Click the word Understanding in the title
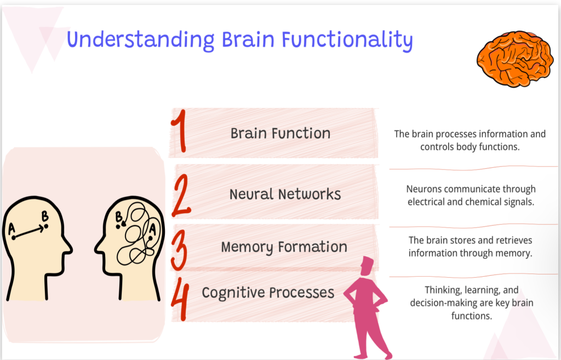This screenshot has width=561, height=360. click(141, 40)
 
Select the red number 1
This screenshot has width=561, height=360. click(180, 131)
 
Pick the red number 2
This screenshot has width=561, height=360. click(182, 196)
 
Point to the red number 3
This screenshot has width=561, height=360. click(179, 250)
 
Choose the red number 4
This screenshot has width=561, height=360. click(180, 299)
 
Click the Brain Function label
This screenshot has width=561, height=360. click(280, 134)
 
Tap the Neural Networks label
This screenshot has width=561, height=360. click(285, 195)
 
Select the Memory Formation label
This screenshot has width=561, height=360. click(284, 247)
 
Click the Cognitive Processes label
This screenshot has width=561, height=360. click(268, 293)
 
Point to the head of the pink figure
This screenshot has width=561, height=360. click(367, 266)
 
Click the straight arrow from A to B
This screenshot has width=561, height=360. click(28, 232)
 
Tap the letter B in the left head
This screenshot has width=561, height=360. click(45, 216)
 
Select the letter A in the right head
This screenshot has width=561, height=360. click(152, 228)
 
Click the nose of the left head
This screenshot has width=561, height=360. click(67, 247)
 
